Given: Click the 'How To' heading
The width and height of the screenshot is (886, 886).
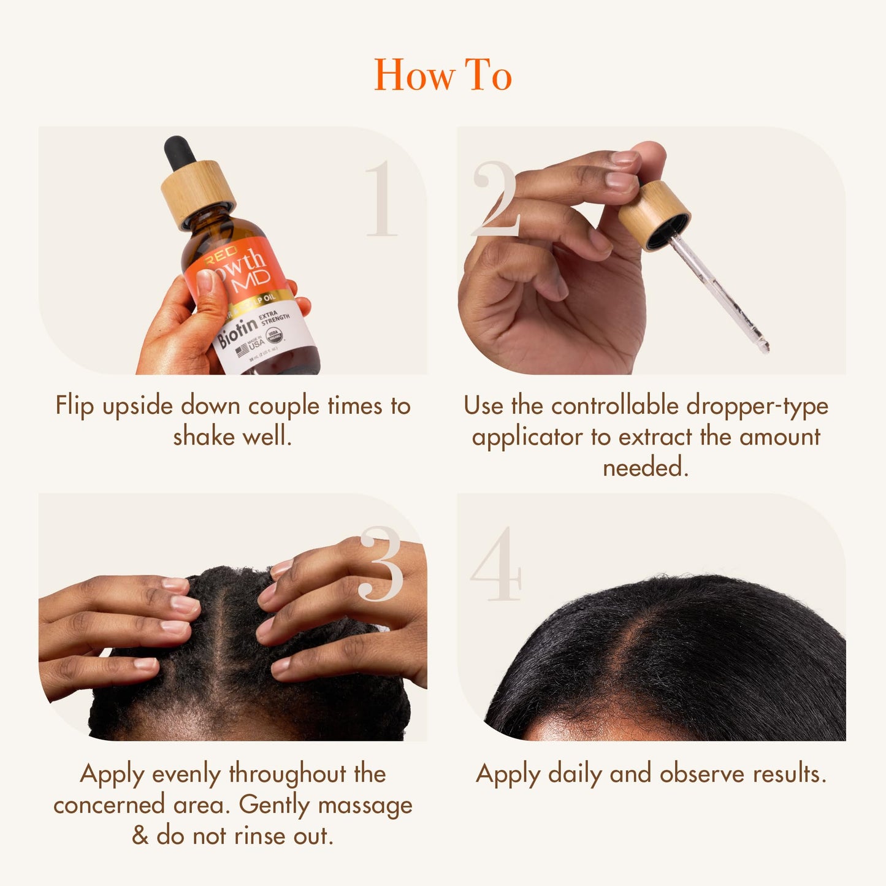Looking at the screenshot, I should click(x=443, y=75).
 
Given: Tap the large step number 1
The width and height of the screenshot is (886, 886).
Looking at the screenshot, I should click(x=382, y=199).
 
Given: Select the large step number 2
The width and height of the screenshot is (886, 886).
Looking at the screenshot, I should click(x=495, y=199).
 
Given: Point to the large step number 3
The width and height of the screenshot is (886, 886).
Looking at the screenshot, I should click(x=381, y=564).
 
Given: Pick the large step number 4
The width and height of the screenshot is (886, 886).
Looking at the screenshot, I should click(x=495, y=564).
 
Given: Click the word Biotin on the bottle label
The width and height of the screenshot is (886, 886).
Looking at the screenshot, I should click(x=237, y=331).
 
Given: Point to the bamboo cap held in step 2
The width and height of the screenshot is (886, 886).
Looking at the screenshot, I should click(x=654, y=215).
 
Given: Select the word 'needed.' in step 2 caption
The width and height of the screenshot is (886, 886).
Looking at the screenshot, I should click(x=646, y=468).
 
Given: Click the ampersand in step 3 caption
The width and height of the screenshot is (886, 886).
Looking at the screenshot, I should click(x=140, y=836).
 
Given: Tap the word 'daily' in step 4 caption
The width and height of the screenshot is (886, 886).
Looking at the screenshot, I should click(x=575, y=774).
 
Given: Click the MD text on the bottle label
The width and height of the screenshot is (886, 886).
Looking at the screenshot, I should click(x=251, y=280).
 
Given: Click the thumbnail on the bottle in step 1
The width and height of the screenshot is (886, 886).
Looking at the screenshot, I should click(x=205, y=281).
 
